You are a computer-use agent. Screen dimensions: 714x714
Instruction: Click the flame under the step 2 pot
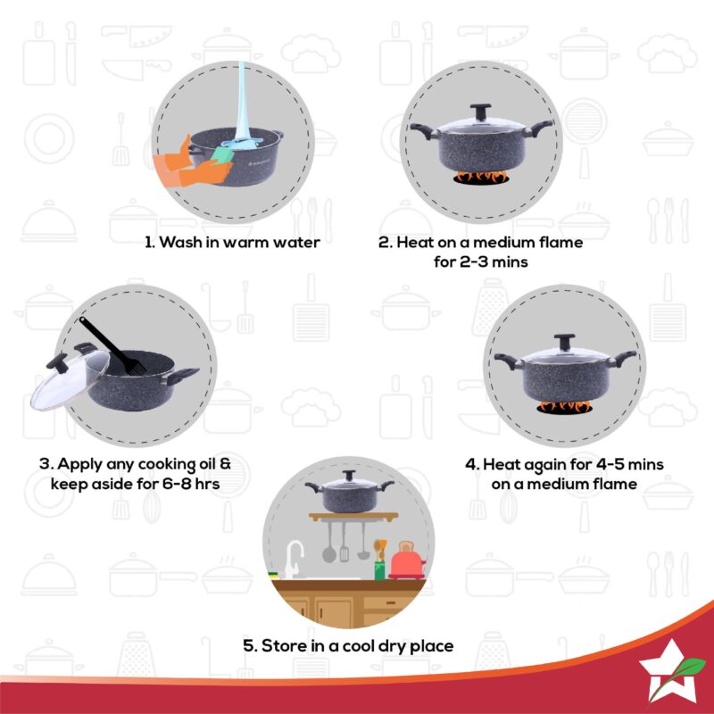pyautogui.click(x=479, y=177)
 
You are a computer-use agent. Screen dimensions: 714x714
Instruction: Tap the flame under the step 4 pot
pyautogui.click(x=564, y=407)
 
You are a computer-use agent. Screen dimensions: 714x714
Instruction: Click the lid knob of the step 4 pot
pyautogui.click(x=564, y=340)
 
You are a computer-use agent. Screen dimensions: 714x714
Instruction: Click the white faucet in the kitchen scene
pyautogui.click(x=293, y=558)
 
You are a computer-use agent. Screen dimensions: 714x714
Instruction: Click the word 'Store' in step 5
pyautogui.click(x=283, y=645)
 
